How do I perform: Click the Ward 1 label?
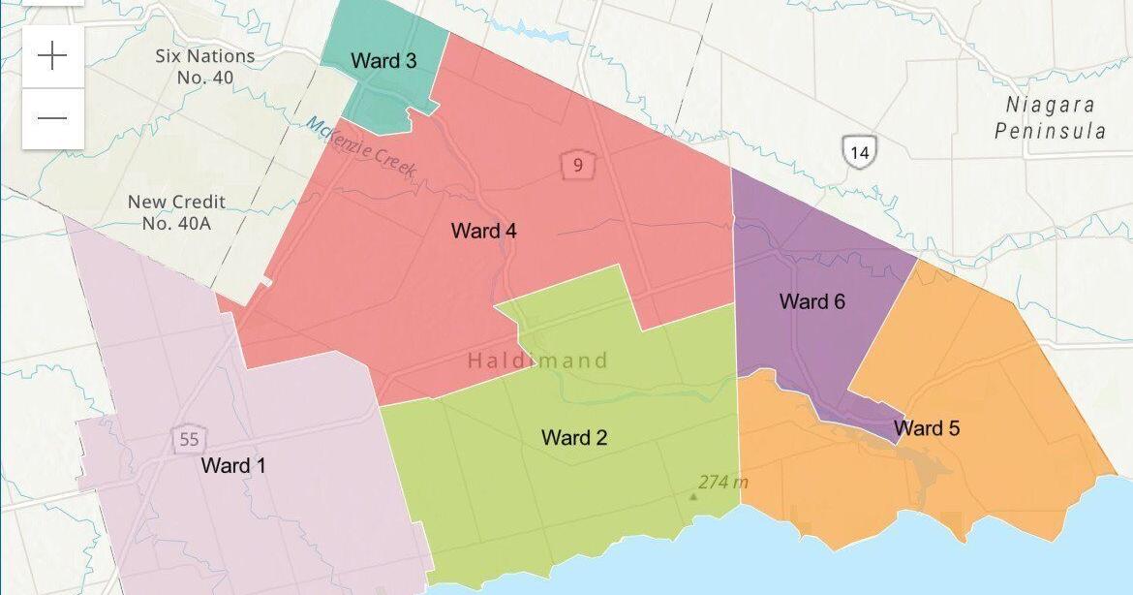(x=232, y=466)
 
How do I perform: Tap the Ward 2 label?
(x=574, y=437)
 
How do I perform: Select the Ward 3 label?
(x=383, y=61)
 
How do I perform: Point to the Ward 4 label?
(x=483, y=232)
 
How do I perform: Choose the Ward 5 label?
(x=927, y=428)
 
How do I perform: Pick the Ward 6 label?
(x=811, y=302)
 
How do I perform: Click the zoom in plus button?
(x=52, y=56)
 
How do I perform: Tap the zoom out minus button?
(x=52, y=118)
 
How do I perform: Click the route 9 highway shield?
(x=577, y=165)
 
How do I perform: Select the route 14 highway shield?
(x=859, y=151)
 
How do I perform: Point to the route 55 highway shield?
(x=189, y=439)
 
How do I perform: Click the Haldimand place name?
(x=537, y=361)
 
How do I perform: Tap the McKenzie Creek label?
(x=361, y=147)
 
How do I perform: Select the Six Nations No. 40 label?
(x=205, y=66)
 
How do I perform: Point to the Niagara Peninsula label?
(x=1050, y=118)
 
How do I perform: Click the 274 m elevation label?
(x=723, y=482)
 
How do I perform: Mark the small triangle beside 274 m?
(x=692, y=496)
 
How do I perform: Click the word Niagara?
(x=1050, y=105)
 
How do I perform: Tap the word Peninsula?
(x=1050, y=131)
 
